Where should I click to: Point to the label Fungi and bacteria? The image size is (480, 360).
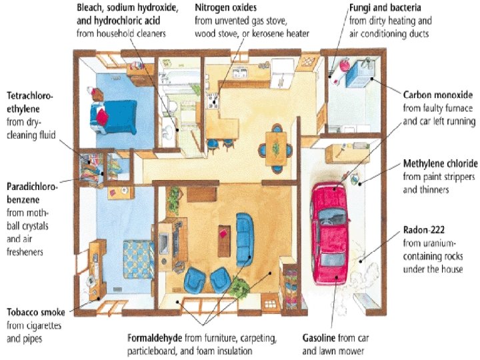click(x=385, y=7)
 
